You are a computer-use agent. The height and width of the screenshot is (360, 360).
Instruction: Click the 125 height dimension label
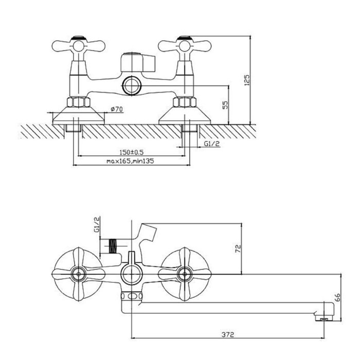[x=247, y=80]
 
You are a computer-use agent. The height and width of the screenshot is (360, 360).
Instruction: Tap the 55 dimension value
[x=226, y=105]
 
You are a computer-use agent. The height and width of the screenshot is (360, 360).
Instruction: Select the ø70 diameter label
[x=117, y=109]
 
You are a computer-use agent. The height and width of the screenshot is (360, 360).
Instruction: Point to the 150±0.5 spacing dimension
[x=131, y=152]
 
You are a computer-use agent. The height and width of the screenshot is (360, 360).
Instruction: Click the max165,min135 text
[x=130, y=161]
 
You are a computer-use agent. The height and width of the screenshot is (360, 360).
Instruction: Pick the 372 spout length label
[x=228, y=334]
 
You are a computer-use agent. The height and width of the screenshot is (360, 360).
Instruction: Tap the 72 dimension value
[x=238, y=248]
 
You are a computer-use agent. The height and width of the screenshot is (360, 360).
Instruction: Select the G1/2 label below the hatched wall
[x=212, y=143]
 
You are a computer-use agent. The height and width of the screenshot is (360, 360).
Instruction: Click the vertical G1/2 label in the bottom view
[x=97, y=225]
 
